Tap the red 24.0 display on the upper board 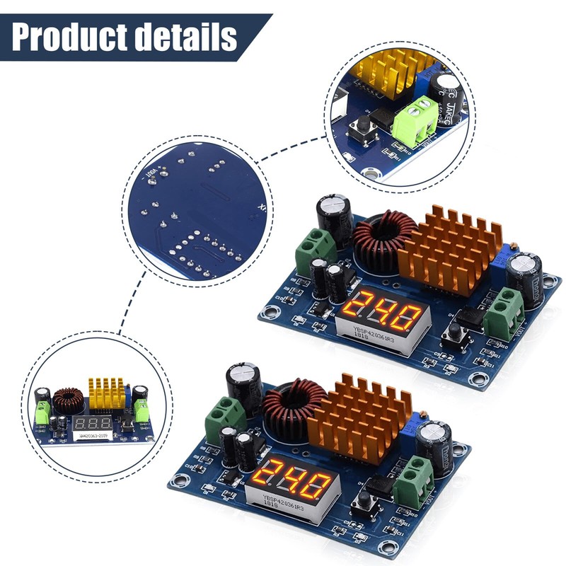(x=383, y=310)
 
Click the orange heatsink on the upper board (x=450, y=250)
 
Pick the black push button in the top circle (x=359, y=129)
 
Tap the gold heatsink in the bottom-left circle (x=105, y=395)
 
